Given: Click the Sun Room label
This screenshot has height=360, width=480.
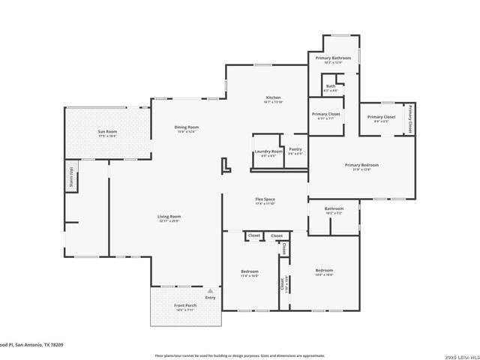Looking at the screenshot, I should click(107, 133).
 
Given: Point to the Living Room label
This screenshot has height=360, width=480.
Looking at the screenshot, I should click(169, 218).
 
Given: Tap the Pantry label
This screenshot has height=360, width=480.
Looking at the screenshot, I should click(295, 151).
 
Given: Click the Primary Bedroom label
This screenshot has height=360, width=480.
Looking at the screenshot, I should click(361, 166).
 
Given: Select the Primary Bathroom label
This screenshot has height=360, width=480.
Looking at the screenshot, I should click(333, 59).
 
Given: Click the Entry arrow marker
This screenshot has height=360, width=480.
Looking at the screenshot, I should click(211, 291).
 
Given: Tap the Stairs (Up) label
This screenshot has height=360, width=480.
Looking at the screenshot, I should click(71, 176).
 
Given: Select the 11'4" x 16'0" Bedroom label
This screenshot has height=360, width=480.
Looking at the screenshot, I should click(250, 272).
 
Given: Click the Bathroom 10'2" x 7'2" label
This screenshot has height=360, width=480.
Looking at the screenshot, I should click(334, 210).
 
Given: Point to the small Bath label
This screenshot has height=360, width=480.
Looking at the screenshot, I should click(331, 88).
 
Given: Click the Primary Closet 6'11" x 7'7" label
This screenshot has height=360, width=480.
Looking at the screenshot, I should click(325, 115).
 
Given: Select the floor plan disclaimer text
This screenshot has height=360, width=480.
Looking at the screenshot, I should click(240, 355).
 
